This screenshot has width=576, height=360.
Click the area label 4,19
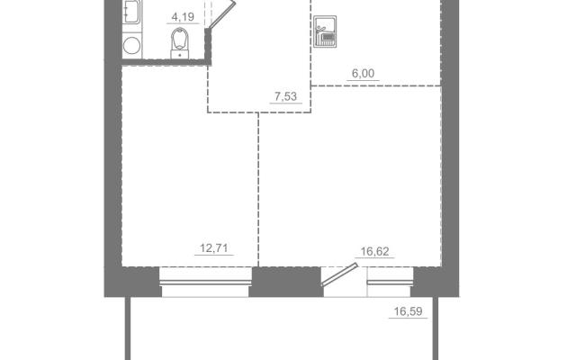(x=183, y=17)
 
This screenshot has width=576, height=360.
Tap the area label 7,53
(x=285, y=96)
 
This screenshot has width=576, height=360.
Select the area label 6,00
(x=363, y=74)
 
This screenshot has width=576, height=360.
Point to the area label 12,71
(x=214, y=248)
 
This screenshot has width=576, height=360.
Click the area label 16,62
(x=374, y=252)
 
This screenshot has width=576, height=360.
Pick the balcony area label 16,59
(x=408, y=312)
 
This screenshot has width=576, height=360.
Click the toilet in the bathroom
(x=180, y=43)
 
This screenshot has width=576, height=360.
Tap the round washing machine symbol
(x=132, y=46)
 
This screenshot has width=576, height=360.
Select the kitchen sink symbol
(x=325, y=31)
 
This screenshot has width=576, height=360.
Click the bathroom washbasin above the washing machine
(x=131, y=12)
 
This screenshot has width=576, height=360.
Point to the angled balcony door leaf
(x=339, y=274)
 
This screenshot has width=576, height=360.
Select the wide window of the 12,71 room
(x=206, y=282)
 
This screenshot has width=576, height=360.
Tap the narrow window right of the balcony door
(x=390, y=282)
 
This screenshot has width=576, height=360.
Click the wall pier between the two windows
(x=286, y=282)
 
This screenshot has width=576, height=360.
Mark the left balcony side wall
(x=128, y=328)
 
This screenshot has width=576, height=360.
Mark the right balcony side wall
(x=436, y=328)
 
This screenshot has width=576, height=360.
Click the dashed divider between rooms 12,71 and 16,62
(x=258, y=190)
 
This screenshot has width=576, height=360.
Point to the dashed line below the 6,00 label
(x=376, y=86)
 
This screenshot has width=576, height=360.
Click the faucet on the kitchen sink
(x=320, y=28)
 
